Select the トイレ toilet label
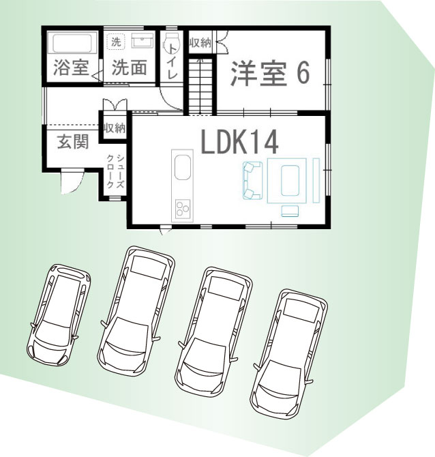172,61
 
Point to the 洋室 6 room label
270,73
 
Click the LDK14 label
239,142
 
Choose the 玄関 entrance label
72,142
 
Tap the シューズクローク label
116,171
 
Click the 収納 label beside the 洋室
200,43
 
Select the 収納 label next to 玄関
115,128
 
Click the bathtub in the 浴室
74,43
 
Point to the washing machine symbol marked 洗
117,42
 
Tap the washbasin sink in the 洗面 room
142,40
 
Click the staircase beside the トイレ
200,86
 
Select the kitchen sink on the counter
183,168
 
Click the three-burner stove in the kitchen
183,209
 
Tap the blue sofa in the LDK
252,181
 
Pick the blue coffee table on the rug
290,180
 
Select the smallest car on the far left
58,314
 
